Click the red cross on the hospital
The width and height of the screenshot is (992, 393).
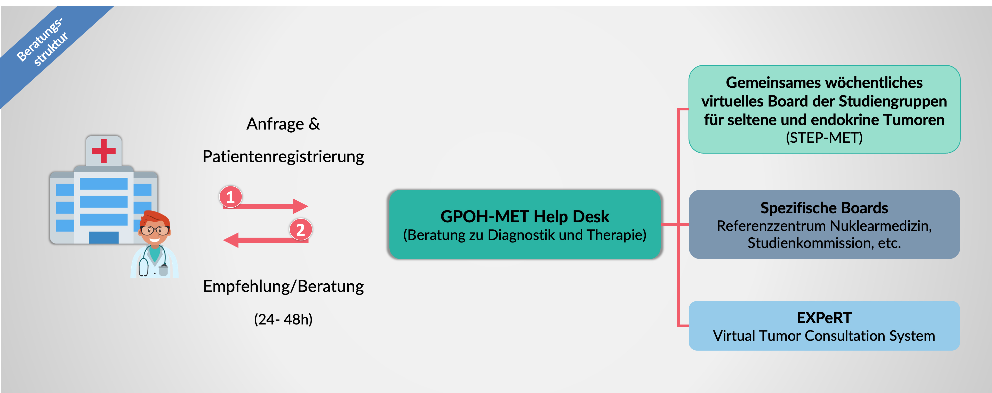[103, 150]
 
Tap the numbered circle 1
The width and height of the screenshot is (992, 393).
[230, 197]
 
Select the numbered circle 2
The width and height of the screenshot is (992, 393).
[300, 230]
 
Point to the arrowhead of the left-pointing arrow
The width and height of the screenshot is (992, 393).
[231, 240]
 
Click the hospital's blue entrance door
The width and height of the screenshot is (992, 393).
[103, 237]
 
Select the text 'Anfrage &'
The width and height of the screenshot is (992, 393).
[283, 124]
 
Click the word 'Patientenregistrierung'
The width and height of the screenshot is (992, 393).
[283, 157]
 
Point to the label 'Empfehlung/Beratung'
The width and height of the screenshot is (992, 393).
[283, 286]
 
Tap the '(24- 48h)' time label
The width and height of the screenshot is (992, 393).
[283, 319]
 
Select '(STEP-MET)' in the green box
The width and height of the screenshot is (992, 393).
[824, 138]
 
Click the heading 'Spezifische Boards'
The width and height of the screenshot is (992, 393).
[824, 208]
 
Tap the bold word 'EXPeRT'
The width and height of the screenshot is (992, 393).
[824, 318]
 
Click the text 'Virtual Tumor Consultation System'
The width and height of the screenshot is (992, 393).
[824, 336]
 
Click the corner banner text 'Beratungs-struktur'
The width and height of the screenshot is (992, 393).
[42, 42]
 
